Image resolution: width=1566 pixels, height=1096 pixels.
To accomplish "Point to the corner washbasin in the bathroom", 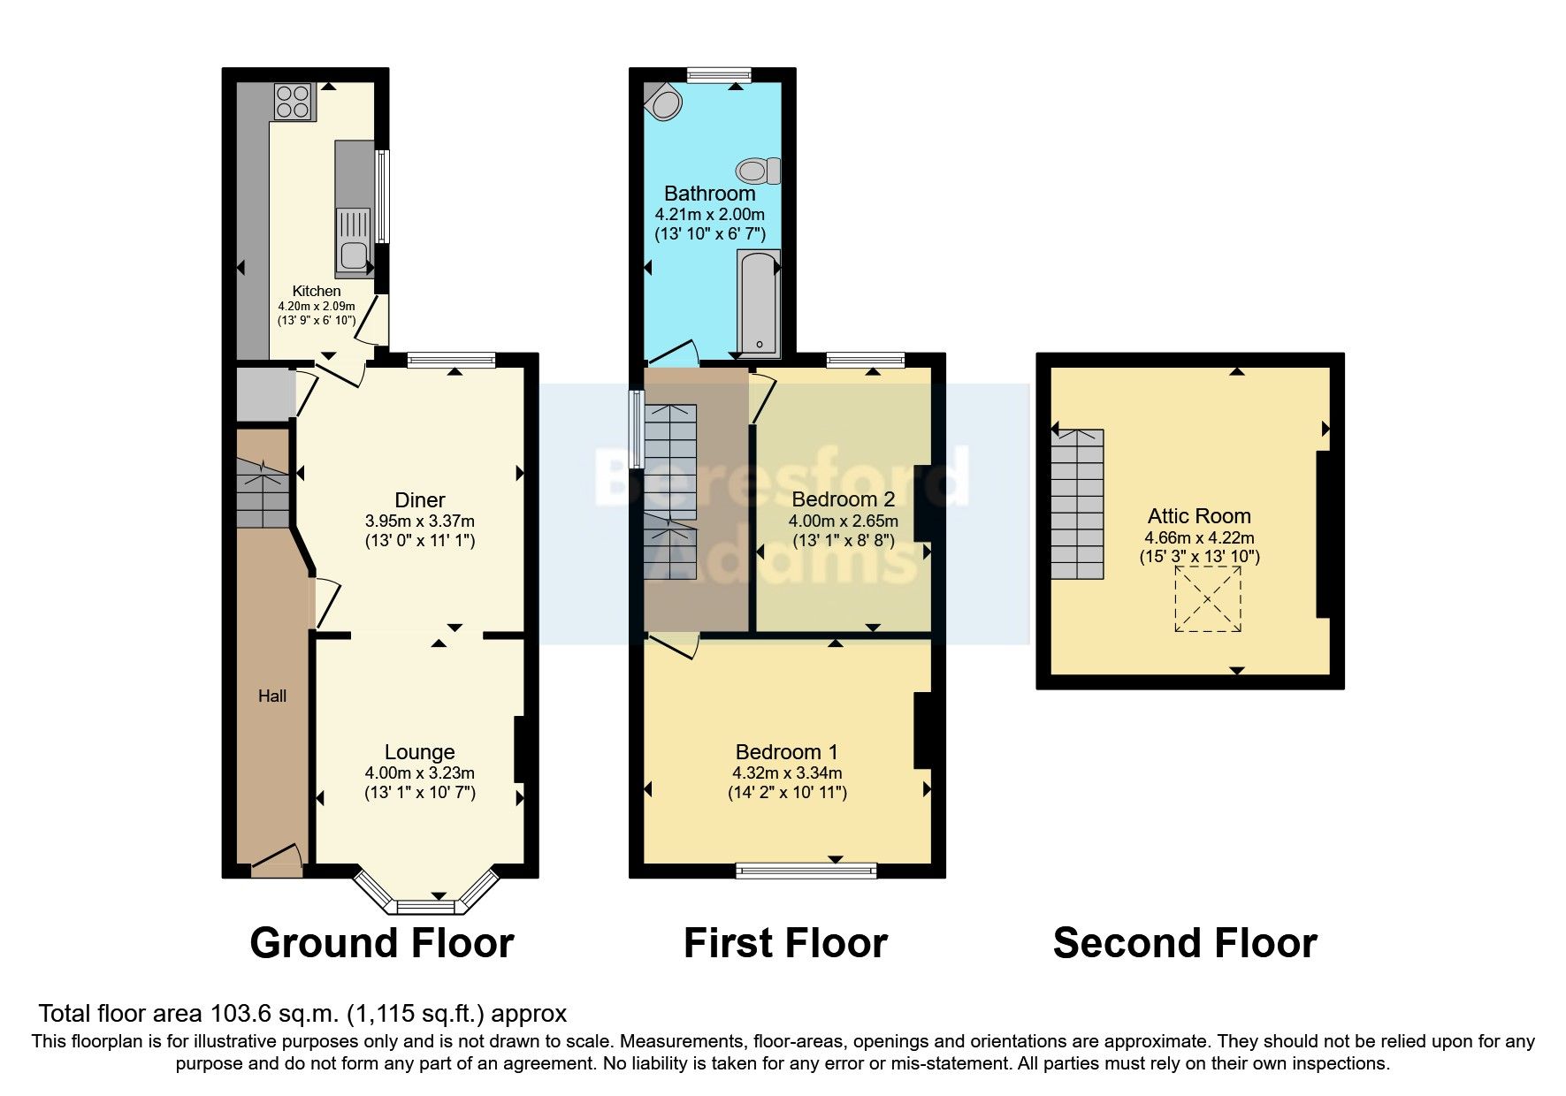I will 662,104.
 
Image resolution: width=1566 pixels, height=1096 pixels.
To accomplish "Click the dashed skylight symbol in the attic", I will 1207,599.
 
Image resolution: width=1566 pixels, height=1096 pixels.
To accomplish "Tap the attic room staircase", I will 1078,504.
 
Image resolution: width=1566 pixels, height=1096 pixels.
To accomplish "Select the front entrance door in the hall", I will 277,862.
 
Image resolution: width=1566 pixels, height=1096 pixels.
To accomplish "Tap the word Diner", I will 419,500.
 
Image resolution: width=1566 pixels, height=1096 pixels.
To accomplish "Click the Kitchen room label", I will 317,291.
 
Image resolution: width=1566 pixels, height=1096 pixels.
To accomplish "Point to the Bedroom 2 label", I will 843,500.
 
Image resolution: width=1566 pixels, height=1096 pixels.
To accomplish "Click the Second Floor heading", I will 1184,943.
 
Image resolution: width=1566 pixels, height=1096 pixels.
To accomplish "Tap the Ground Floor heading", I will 381,943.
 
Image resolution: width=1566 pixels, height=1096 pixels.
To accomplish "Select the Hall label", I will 272,696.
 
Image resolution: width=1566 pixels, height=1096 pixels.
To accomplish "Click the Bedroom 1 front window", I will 806,871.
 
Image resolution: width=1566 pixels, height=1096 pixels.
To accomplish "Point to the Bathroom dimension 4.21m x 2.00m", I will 709,214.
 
